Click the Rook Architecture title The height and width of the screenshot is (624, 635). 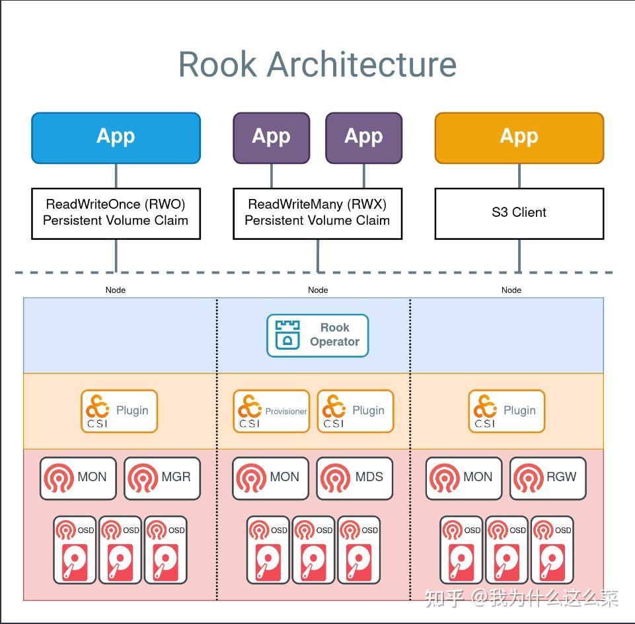(x=317, y=65)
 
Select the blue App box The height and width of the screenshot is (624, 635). (x=116, y=137)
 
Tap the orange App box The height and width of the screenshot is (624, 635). (x=519, y=137)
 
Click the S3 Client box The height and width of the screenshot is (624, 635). (x=519, y=213)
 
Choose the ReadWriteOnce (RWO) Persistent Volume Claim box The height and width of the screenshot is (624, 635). (x=116, y=213)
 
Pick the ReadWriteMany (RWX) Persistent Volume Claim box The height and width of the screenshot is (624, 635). (x=317, y=213)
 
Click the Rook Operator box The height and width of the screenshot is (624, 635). (x=317, y=335)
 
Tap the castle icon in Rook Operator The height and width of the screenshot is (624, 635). (x=287, y=335)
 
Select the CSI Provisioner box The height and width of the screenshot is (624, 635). (x=271, y=411)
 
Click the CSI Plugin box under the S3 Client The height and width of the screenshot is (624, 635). (x=507, y=411)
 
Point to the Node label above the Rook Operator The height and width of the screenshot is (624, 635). (x=318, y=290)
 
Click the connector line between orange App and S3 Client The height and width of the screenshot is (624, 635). (x=519, y=176)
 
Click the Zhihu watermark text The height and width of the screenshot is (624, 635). (x=522, y=598)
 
